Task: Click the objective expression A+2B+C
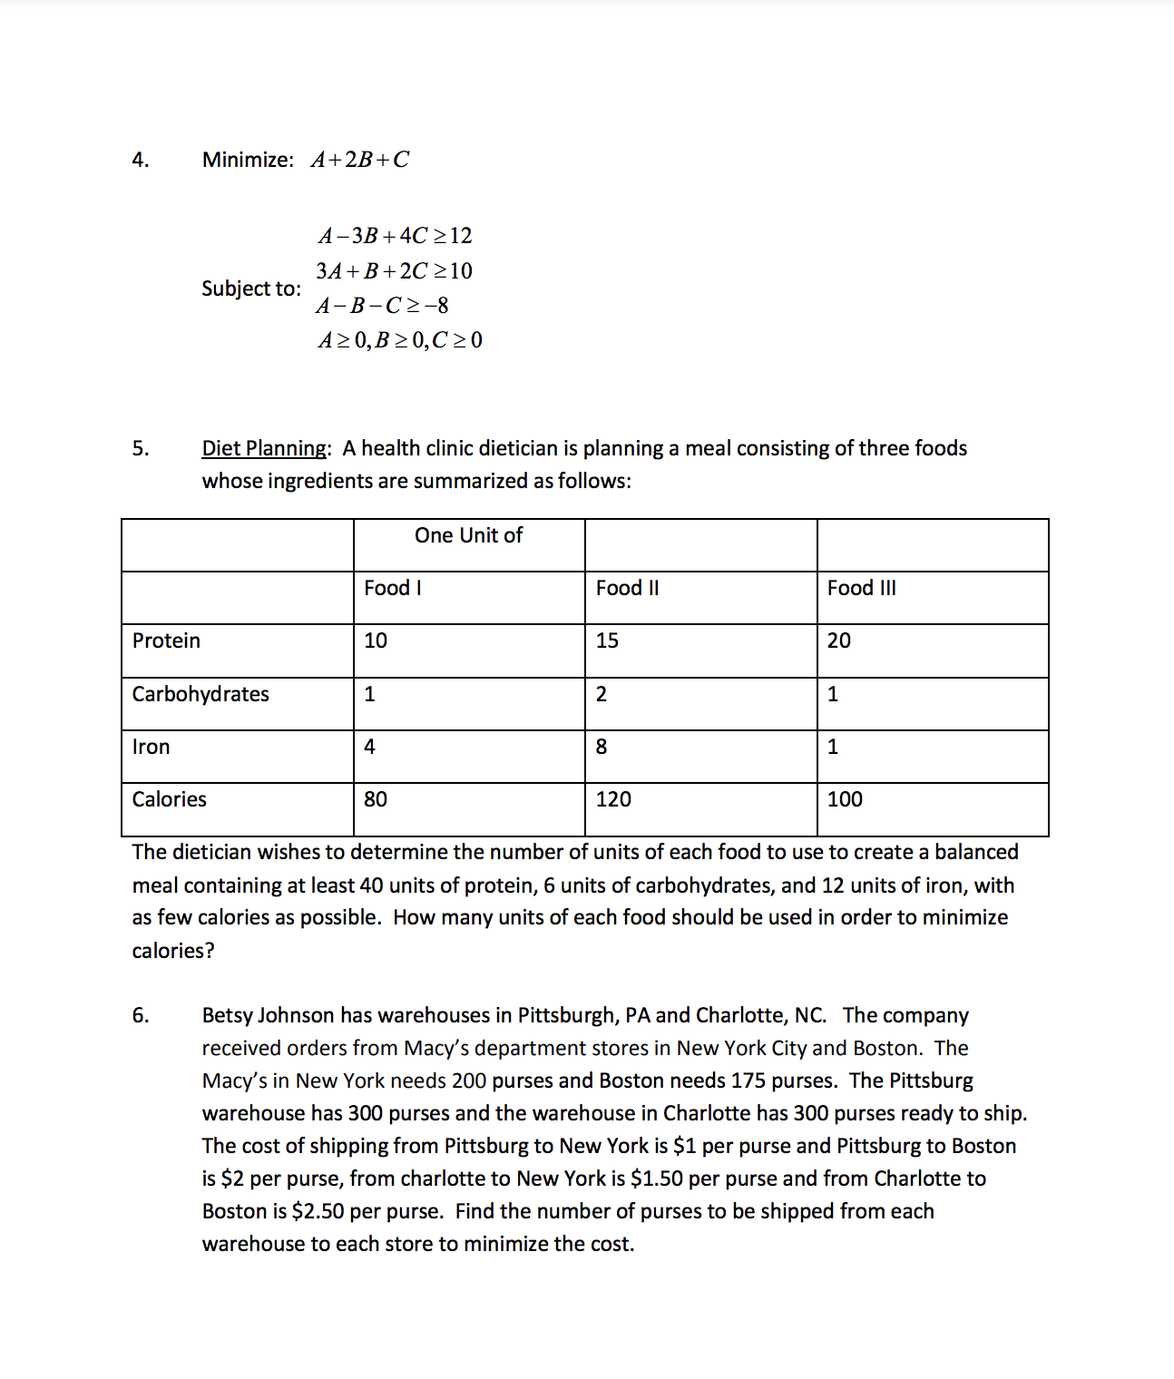359,160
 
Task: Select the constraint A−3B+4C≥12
395,236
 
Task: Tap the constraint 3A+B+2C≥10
394,270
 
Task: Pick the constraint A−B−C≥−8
382,305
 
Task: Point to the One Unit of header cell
468,535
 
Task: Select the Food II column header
627,588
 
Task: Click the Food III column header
861,588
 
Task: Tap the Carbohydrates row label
201,694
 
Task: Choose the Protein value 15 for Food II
607,641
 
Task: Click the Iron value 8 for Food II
602,747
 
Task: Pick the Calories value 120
613,799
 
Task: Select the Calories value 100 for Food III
845,799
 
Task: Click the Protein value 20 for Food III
839,641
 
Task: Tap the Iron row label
151,747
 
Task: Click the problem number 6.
141,1015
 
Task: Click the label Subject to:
251,289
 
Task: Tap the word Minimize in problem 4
246,160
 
